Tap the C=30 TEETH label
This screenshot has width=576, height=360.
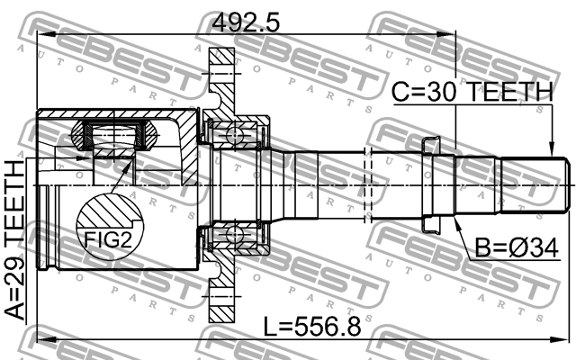(x=472, y=91)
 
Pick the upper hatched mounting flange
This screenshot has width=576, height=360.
(x=220, y=76)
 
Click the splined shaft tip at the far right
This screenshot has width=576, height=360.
(x=536, y=186)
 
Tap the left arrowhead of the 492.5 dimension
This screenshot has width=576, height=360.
(x=41, y=33)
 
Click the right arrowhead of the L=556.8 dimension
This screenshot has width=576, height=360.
(x=565, y=340)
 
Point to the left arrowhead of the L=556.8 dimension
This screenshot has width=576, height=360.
(x=41, y=340)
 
